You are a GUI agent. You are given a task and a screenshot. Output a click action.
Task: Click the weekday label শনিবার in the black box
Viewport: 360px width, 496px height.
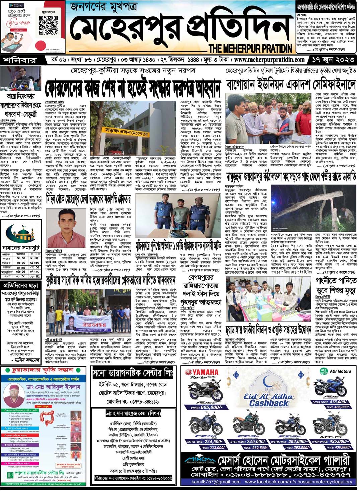pyautogui.click(x=20, y=60)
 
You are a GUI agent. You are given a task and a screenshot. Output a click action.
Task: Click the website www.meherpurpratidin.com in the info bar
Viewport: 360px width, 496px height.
pyautogui.click(x=269, y=60)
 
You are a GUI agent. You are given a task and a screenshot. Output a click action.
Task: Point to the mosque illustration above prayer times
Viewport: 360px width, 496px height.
pyautogui.click(x=22, y=232)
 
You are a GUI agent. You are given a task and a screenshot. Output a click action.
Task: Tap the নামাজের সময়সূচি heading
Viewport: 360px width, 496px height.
pyautogui.click(x=21, y=248)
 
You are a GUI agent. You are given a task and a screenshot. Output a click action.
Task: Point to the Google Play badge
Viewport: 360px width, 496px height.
pyautogui.click(x=16, y=5)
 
